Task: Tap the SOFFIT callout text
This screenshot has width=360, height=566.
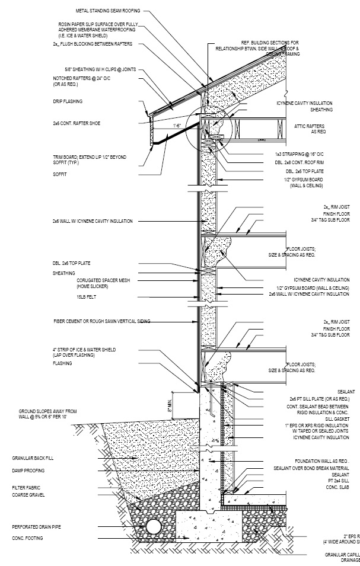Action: click(59, 174)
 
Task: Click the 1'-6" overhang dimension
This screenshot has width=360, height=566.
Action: click(177, 126)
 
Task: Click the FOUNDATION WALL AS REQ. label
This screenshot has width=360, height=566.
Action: click(322, 461)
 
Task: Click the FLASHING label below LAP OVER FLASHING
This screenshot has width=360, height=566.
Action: click(62, 363)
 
